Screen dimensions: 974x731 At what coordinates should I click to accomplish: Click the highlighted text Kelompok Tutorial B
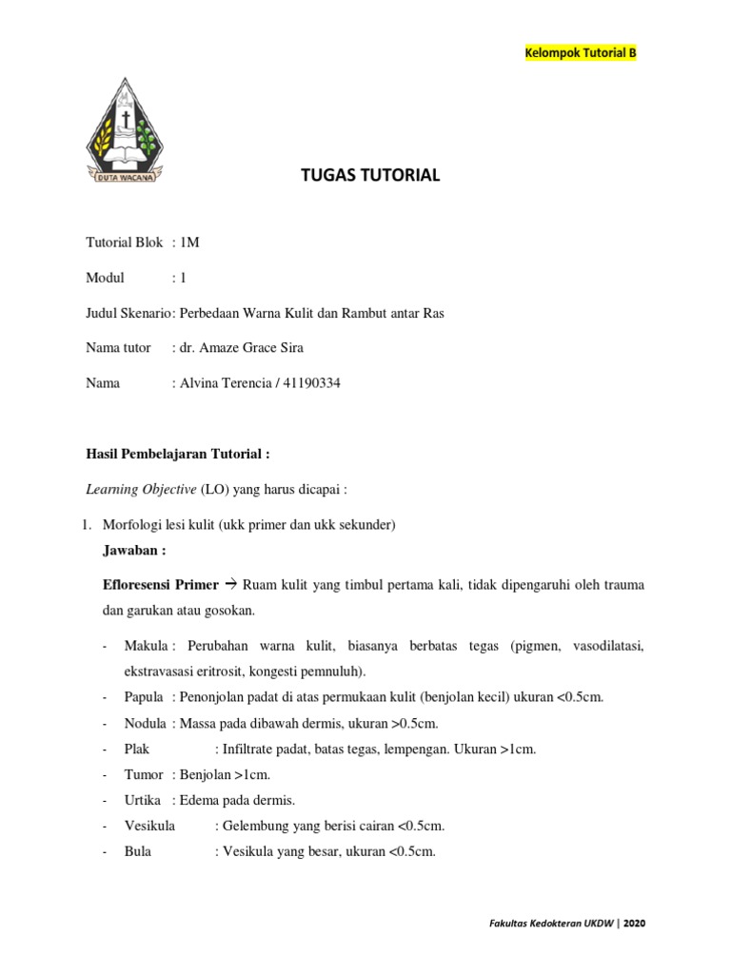[580, 52]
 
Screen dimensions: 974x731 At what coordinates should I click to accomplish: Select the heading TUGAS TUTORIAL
[370, 175]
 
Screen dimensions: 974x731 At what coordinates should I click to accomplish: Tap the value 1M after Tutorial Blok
[189, 243]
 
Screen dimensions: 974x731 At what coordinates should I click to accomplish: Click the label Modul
[106, 278]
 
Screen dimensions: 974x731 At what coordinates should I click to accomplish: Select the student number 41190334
[306, 383]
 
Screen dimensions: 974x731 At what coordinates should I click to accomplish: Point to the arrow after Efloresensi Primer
[230, 585]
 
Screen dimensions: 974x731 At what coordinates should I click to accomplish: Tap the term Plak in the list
[138, 749]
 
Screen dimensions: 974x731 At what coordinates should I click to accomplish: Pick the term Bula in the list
[138, 851]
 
